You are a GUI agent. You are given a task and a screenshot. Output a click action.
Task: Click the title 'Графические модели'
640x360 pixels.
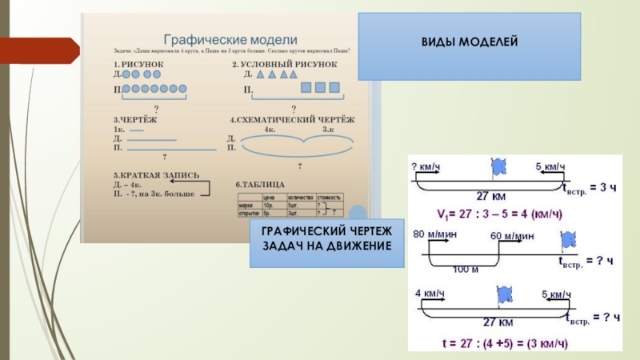pos(230,38)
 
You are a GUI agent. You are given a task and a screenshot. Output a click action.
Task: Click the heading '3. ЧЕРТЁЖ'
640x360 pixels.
pos(135,119)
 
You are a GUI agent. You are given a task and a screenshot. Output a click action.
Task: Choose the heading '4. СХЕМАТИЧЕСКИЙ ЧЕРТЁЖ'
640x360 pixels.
pos(292,119)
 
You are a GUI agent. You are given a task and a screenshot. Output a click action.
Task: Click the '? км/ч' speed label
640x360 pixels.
pos(426,166)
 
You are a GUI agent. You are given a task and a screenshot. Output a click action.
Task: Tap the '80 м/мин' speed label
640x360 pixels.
pos(432,234)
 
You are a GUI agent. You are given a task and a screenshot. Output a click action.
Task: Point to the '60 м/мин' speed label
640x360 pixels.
pos(511,235)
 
